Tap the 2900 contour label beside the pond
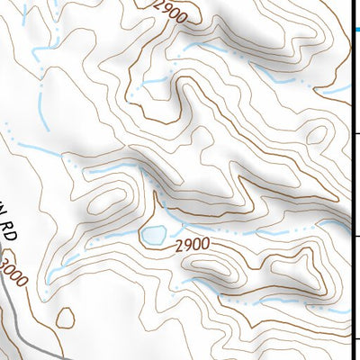pyautogui.click(x=192, y=244)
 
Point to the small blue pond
pyautogui.click(x=152, y=236)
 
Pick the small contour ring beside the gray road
pyautogui.click(x=65, y=318)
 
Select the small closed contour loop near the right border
pyautogui.click(x=317, y=134)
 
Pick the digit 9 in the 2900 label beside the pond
pyautogui.click(x=185, y=244)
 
